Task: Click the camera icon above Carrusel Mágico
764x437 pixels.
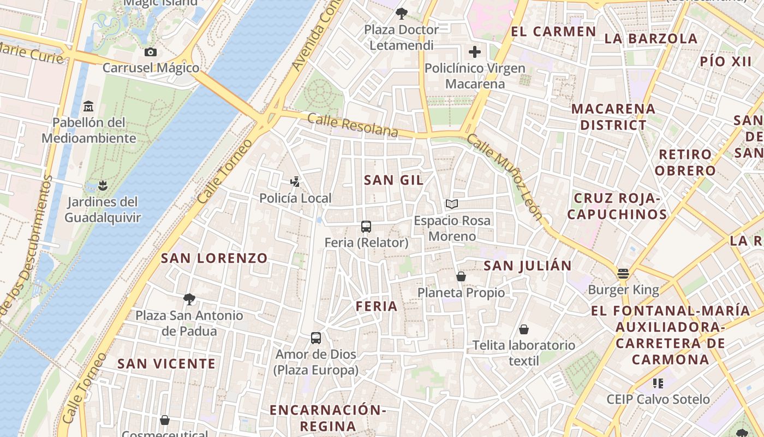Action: pyautogui.click(x=151, y=52)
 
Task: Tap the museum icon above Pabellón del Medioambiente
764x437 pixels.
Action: pyautogui.click(x=88, y=106)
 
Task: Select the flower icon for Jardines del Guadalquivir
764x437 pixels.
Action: pyautogui.click(x=102, y=185)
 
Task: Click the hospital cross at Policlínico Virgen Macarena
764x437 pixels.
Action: pyautogui.click(x=475, y=52)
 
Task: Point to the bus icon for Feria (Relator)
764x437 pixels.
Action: pyautogui.click(x=366, y=226)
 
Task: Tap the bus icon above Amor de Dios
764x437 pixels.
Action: pyautogui.click(x=316, y=338)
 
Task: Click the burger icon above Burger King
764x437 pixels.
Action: pyautogui.click(x=623, y=273)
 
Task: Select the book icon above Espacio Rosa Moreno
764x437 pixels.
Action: pyautogui.click(x=451, y=204)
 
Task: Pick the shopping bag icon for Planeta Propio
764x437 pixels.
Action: pyautogui.click(x=461, y=276)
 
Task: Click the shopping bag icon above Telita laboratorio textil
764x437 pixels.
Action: pyautogui.click(x=524, y=329)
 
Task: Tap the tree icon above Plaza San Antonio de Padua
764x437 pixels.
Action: pyautogui.click(x=189, y=299)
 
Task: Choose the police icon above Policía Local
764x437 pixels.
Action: pyautogui.click(x=295, y=181)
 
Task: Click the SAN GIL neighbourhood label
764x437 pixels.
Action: pyautogui.click(x=393, y=180)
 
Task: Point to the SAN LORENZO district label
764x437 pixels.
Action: pyautogui.click(x=214, y=258)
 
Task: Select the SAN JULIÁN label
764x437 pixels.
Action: pyautogui.click(x=528, y=265)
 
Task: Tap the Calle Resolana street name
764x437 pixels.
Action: pyautogui.click(x=353, y=125)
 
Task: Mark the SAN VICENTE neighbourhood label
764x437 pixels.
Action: pyautogui.click(x=166, y=363)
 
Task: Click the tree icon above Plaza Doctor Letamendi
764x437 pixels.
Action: pyautogui.click(x=402, y=13)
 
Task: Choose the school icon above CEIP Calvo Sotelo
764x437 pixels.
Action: pyautogui.click(x=658, y=383)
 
